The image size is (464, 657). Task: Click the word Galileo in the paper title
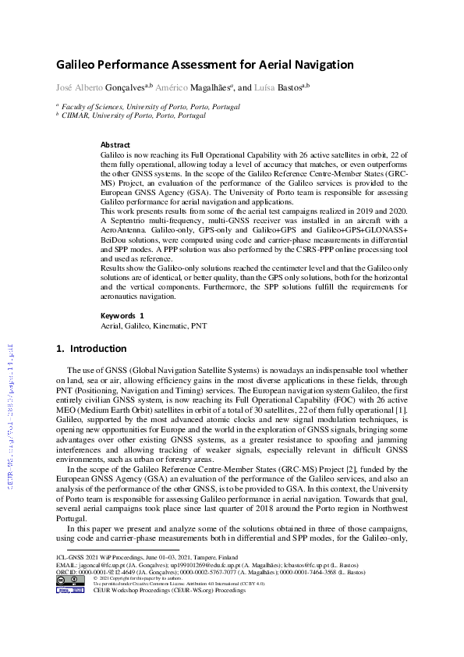coord(79,65)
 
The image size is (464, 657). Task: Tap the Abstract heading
coord(115,145)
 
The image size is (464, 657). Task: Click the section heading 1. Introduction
coord(91,348)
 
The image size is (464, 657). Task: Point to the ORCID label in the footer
coord(66,572)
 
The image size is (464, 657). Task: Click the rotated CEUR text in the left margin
coord(11,414)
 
